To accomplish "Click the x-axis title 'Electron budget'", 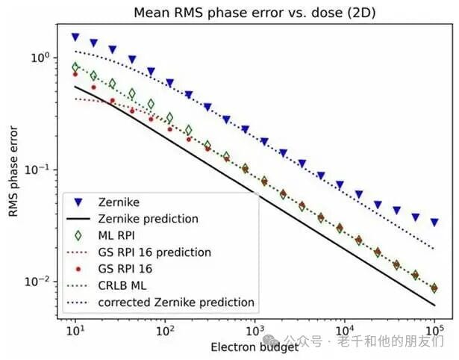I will tap(255, 347).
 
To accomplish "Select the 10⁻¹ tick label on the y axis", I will tap(37, 170).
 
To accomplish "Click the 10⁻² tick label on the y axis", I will tap(37, 282).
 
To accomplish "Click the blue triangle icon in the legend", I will tap(83, 202).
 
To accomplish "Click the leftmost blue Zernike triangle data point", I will tap(75, 37).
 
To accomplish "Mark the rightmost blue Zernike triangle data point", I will tap(434, 223).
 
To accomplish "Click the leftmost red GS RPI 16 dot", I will tap(75, 74).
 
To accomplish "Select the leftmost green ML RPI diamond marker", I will tap(75, 67).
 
